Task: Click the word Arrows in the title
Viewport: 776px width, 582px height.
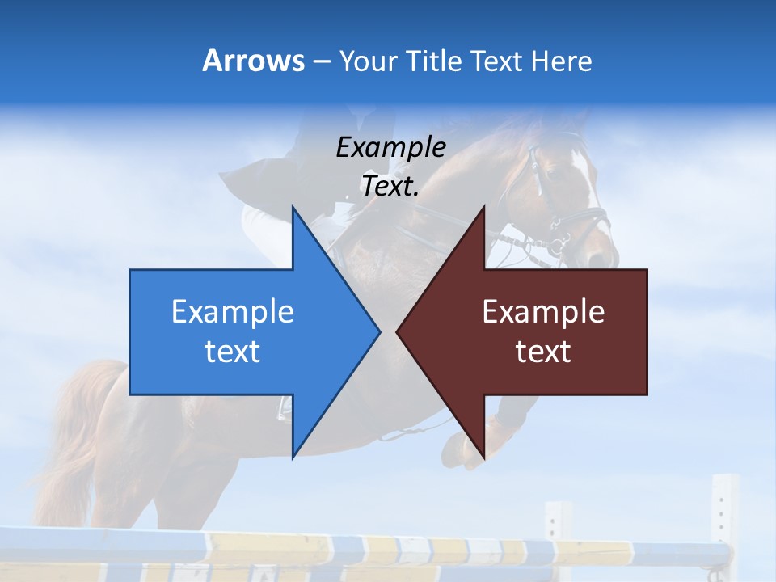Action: pos(253,61)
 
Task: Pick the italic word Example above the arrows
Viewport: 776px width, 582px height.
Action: pos(390,147)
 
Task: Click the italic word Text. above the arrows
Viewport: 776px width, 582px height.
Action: pos(390,187)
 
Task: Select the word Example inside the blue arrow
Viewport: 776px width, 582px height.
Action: pos(233,312)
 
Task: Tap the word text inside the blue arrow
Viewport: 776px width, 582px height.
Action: pos(233,352)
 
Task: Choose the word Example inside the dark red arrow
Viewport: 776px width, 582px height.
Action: pos(543,312)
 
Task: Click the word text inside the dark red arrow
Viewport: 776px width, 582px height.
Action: pos(543,352)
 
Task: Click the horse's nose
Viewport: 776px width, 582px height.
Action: pos(602,255)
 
